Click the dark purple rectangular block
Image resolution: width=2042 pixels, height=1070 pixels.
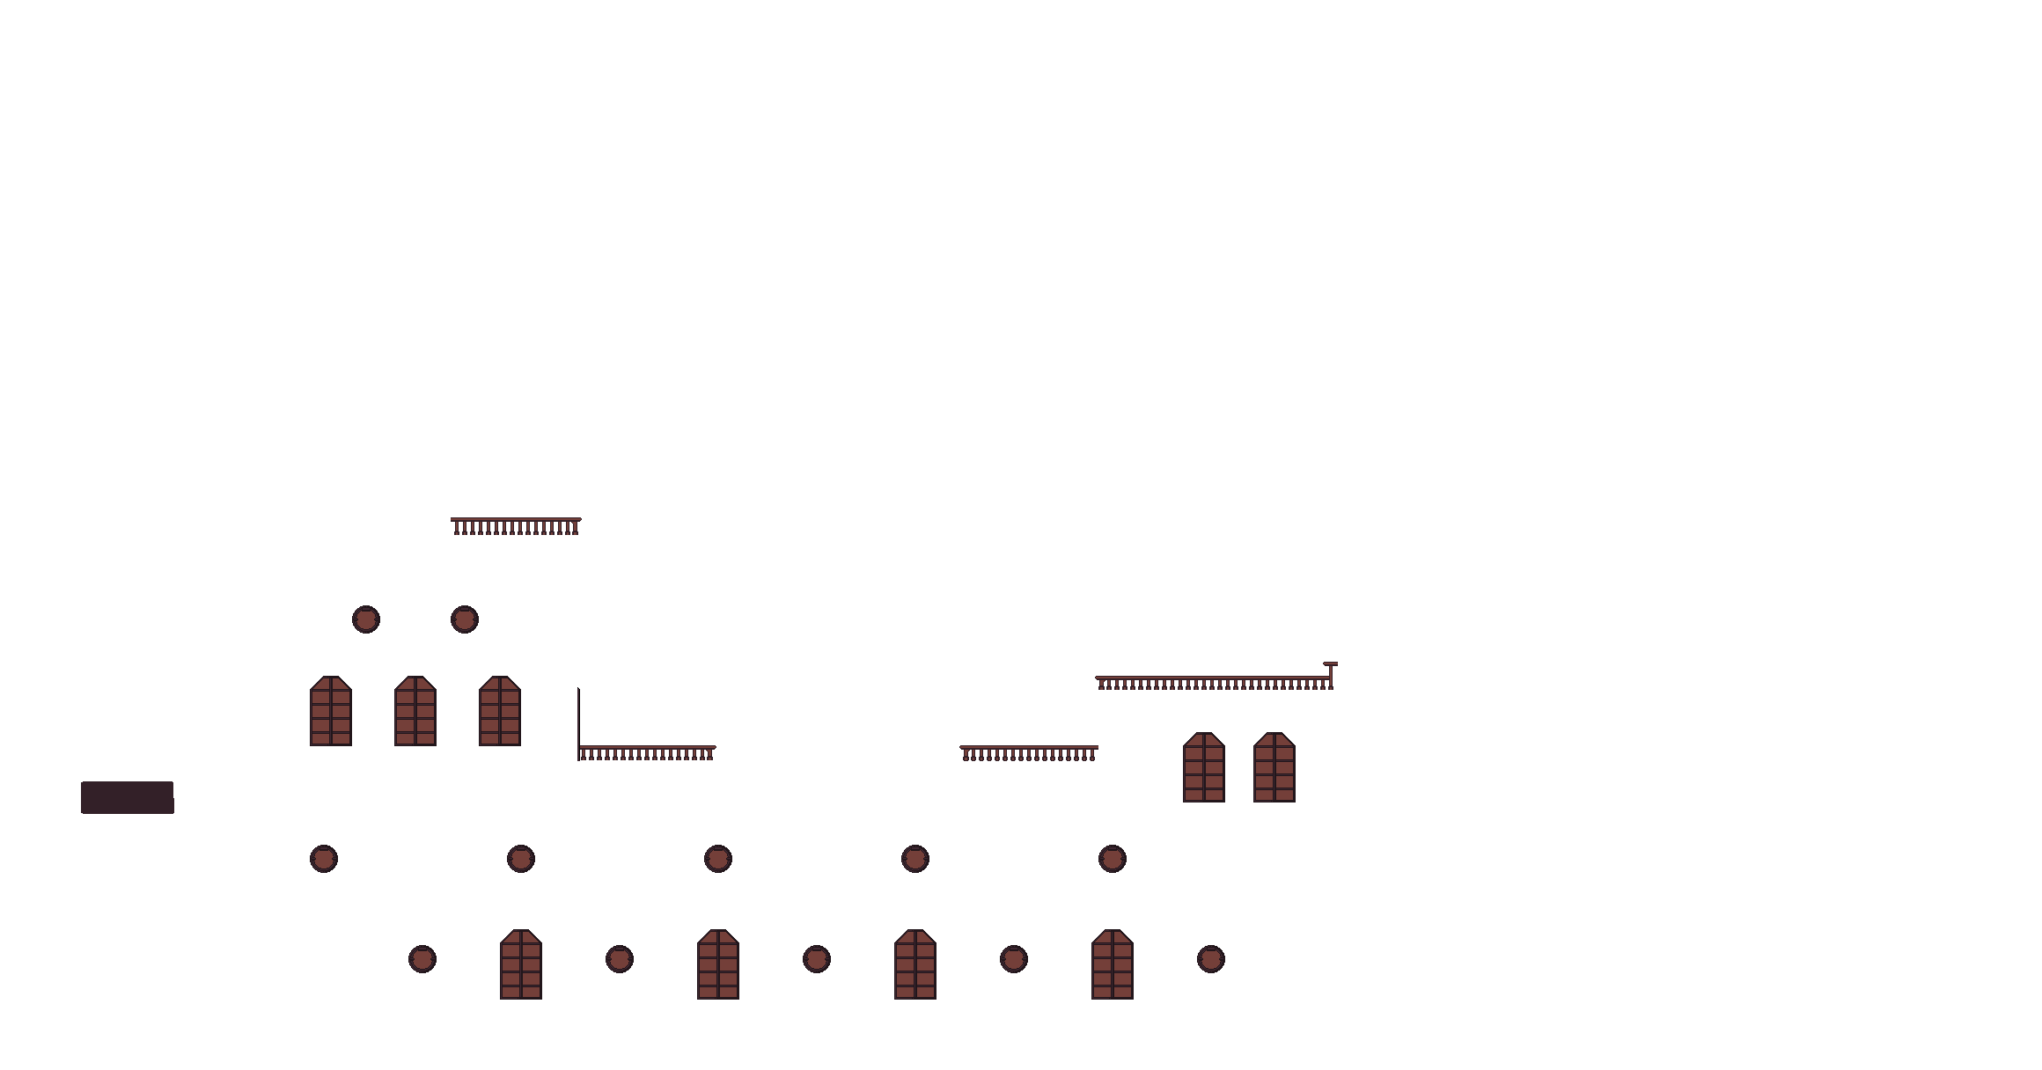tap(127, 797)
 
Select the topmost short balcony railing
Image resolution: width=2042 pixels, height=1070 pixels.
tap(516, 526)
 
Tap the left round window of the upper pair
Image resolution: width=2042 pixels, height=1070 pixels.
tap(366, 619)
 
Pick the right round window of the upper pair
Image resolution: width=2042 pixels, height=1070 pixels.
tap(465, 619)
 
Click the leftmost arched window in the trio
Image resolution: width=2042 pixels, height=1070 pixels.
tap(331, 712)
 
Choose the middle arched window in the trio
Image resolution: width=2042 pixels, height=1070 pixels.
tap(415, 712)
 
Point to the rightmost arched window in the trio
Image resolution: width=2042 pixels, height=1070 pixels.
tap(500, 712)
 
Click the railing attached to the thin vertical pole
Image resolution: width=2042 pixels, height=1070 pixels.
tap(648, 753)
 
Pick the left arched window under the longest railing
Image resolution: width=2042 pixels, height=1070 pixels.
tap(1204, 768)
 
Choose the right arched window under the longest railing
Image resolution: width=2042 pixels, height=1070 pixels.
tap(1274, 768)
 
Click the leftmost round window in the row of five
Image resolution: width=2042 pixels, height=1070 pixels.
tap(324, 859)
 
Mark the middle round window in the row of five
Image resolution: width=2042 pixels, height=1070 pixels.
tap(718, 859)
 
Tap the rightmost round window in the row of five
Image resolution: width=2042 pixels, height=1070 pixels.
tap(1113, 859)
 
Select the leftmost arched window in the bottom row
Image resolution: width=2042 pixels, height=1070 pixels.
tap(521, 965)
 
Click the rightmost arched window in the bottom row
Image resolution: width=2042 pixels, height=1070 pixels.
tap(1113, 965)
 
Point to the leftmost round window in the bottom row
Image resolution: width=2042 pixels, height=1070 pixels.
tap(422, 959)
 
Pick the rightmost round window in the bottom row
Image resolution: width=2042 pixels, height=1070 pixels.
tap(1211, 959)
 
